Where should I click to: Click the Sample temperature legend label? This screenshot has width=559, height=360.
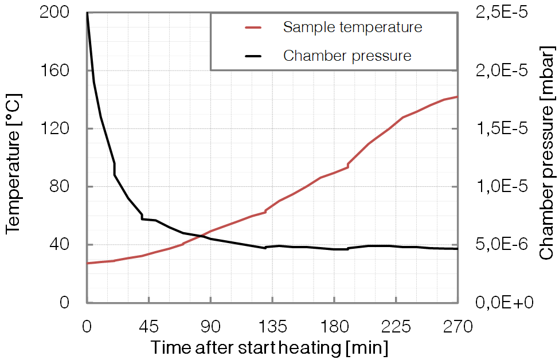tap(353, 27)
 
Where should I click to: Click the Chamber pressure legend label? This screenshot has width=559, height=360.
tap(347, 56)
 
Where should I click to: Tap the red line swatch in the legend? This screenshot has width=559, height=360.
tap(253, 27)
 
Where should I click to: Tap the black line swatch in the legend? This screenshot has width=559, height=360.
tap(253, 56)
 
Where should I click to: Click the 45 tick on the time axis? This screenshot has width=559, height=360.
tap(148, 327)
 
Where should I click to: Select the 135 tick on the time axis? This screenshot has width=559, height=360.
tap(272, 327)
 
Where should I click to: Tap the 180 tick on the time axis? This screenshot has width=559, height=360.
tap(334, 327)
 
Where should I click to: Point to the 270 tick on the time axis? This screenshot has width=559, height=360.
tap(458, 327)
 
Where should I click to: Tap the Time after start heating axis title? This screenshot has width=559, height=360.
tap(269, 347)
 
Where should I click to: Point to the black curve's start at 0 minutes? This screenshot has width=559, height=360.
tap(87, 13)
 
